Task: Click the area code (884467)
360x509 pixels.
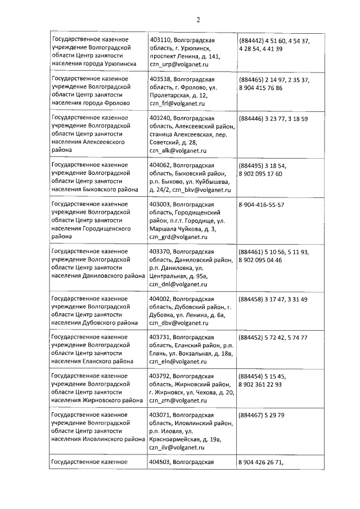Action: [253, 416]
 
